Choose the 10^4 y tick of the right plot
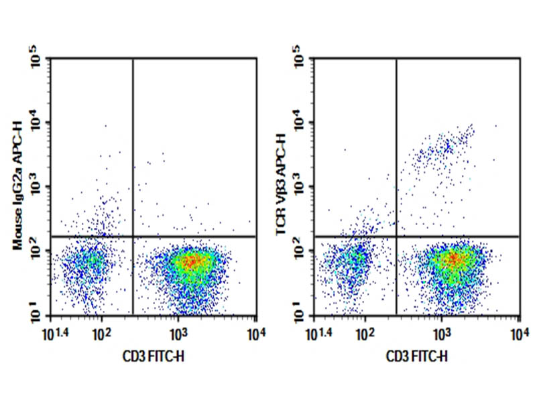point(300,123)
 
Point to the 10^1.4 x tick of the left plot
point(58,331)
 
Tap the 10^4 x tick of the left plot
point(255,332)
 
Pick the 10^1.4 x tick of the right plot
point(322,331)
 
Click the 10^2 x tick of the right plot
point(365,332)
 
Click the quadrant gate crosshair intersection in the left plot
point(133,236)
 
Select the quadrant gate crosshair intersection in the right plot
point(397,236)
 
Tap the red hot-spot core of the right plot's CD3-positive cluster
point(455,257)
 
